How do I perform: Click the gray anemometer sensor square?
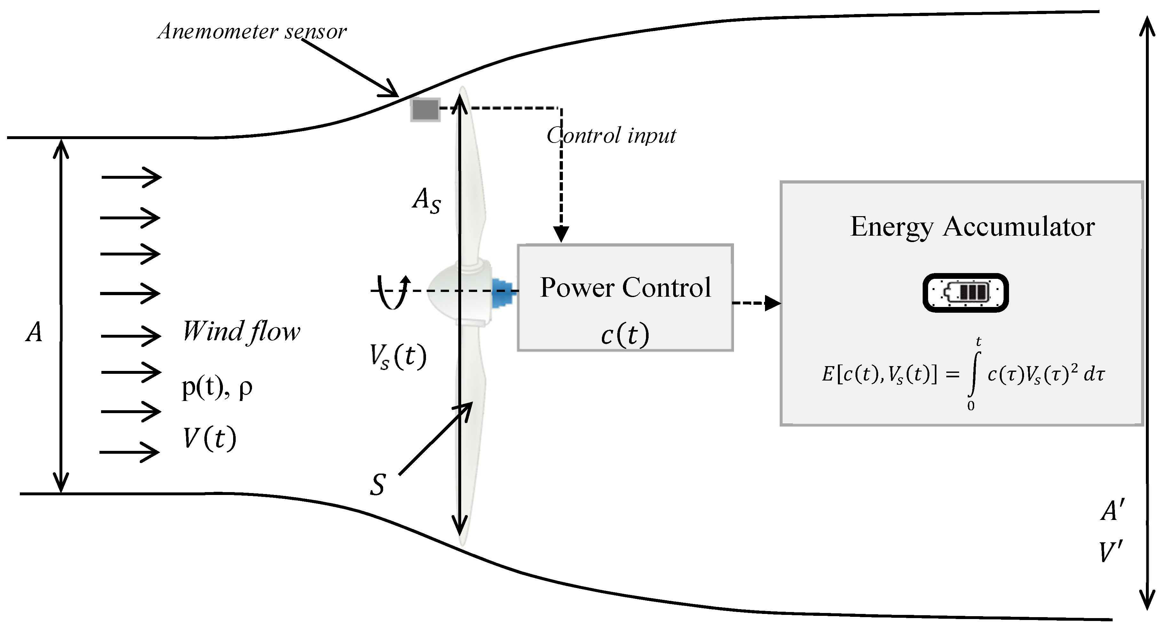click(x=425, y=110)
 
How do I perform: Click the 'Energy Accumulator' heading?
click(x=972, y=227)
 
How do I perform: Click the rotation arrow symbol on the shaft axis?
click(x=393, y=292)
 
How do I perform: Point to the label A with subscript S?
click(x=426, y=200)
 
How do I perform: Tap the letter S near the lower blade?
click(x=377, y=485)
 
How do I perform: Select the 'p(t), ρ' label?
click(x=217, y=388)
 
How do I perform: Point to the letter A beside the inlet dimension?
click(x=34, y=332)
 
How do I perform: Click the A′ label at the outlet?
click(x=1112, y=511)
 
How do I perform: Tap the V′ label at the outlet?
click(x=1110, y=552)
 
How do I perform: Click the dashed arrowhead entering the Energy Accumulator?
click(x=772, y=303)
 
